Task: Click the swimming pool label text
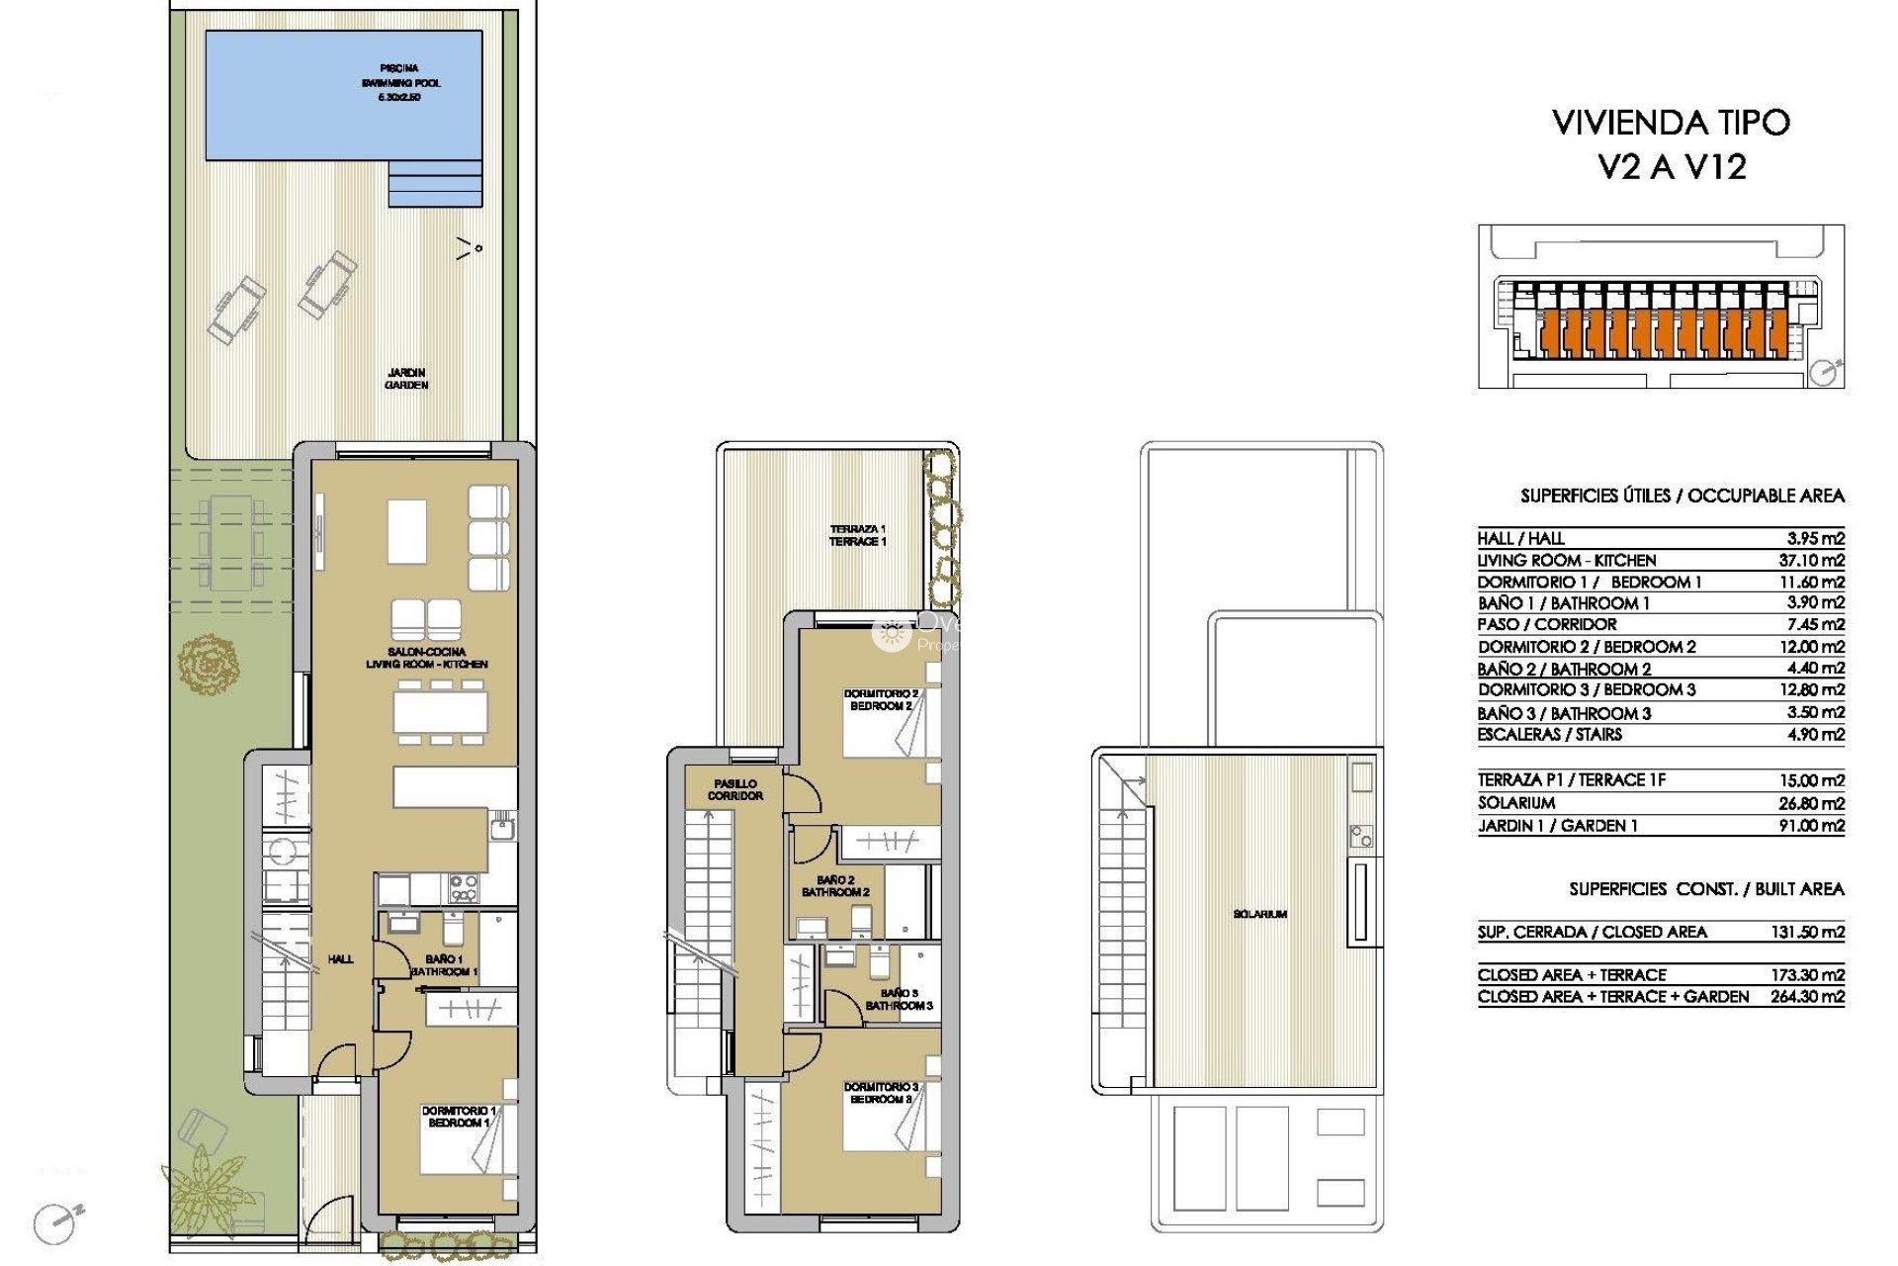tap(399, 83)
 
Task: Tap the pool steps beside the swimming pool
tap(435, 184)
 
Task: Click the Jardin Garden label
tap(406, 379)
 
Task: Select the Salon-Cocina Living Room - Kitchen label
tap(426, 658)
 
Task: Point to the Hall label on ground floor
tap(340, 958)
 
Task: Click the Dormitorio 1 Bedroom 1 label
tap(459, 1117)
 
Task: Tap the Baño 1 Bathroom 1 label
tap(444, 965)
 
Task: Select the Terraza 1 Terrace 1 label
tap(857, 535)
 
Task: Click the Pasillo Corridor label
tap(734, 789)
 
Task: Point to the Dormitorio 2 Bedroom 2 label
tap(881, 700)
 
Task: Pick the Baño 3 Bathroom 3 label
tap(899, 999)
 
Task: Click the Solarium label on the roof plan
tap(1259, 914)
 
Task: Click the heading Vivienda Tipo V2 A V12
tap(1671, 144)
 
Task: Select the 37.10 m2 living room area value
tap(1811, 560)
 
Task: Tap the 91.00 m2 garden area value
tap(1811, 825)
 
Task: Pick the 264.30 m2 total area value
tap(1807, 996)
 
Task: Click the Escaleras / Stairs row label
tap(1549, 734)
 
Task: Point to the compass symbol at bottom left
tap(54, 1222)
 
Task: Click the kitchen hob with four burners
tap(464, 888)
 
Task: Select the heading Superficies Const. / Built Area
tap(1705, 889)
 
